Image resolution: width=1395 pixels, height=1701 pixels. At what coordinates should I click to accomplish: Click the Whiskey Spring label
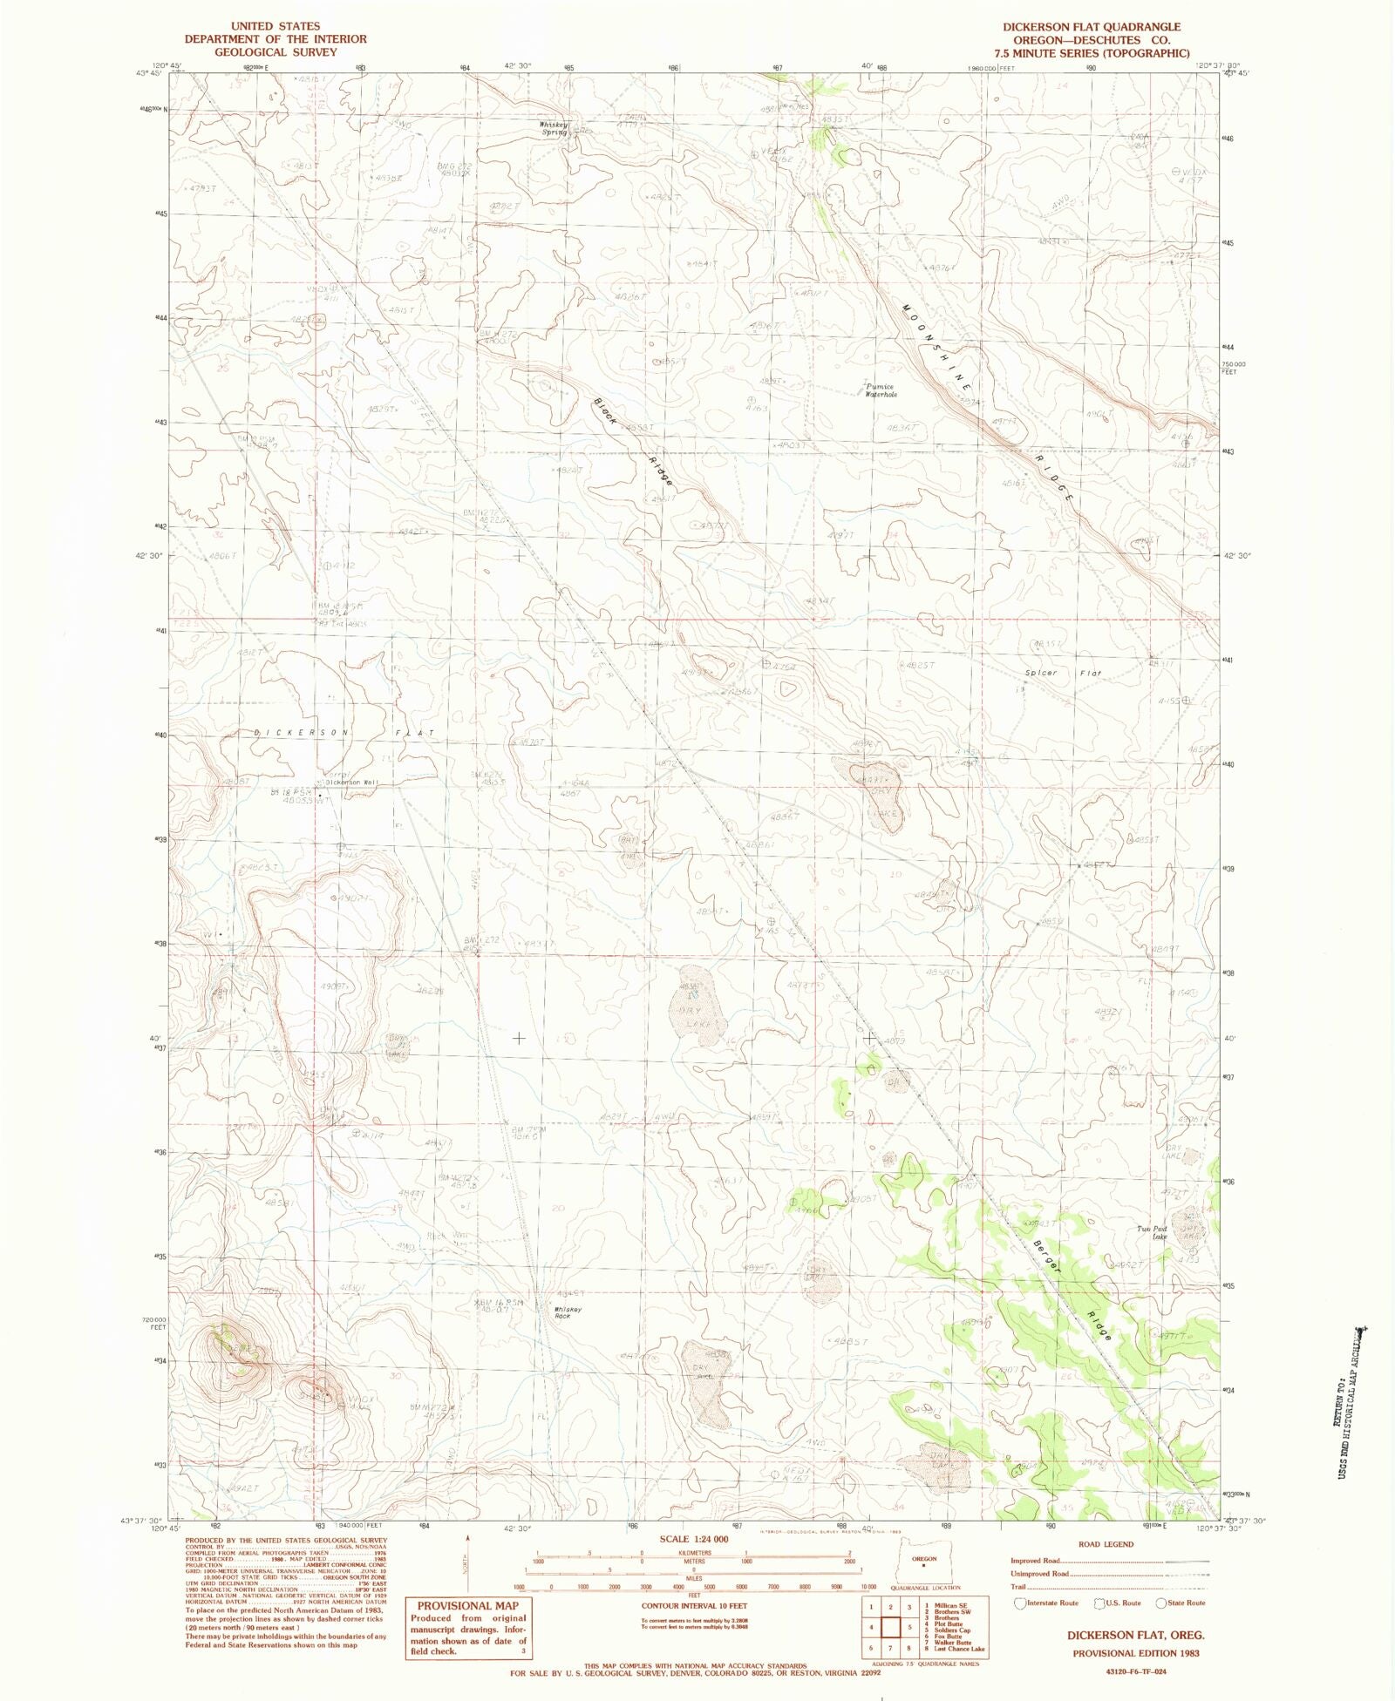coord(554,128)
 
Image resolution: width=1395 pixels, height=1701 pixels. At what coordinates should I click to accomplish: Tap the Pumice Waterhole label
coord(881,390)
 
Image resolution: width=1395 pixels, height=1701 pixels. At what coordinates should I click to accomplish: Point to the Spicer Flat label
coord(1063,673)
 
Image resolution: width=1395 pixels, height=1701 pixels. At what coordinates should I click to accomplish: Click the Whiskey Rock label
coord(561,1312)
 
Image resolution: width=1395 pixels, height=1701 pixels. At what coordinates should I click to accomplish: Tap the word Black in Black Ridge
coord(606,411)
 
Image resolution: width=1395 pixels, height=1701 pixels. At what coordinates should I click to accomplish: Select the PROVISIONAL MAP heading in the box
coord(467,1606)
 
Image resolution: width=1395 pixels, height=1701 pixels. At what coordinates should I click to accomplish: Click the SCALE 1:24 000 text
coord(694,1539)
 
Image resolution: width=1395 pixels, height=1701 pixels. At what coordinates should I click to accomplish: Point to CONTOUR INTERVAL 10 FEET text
coord(694,1605)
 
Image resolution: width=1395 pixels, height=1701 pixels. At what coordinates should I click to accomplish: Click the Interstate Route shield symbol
coord(1021,1603)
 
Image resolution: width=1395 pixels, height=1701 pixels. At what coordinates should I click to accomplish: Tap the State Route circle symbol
coord(1161,1603)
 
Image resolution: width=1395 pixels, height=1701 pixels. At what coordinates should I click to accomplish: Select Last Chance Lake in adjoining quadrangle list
coord(958,1649)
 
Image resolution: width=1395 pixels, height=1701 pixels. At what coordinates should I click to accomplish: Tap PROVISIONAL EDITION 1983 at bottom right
coord(1135,1653)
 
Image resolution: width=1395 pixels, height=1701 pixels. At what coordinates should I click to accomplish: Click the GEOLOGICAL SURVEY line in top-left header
coord(275,52)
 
